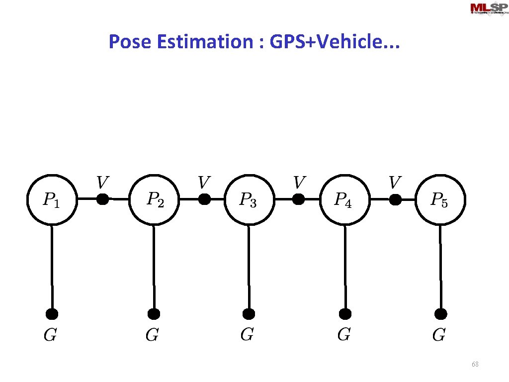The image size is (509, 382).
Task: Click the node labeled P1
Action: (51, 199)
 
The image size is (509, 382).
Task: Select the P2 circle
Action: (154, 199)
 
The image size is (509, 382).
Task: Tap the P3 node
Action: (249, 199)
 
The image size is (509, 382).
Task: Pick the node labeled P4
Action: (344, 199)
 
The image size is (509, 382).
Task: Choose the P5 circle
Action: (440, 199)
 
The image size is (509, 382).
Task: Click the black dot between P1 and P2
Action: (102, 199)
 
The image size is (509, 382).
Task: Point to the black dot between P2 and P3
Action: (204, 199)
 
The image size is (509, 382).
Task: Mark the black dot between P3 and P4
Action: (298, 199)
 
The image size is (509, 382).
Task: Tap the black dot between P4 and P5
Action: (395, 199)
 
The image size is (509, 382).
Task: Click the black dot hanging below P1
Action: (52, 314)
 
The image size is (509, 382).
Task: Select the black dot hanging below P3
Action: (249, 314)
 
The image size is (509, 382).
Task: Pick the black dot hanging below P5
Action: (440, 314)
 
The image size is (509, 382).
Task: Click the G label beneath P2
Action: (152, 335)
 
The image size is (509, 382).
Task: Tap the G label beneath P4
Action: (343, 335)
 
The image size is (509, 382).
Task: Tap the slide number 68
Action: (475, 365)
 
